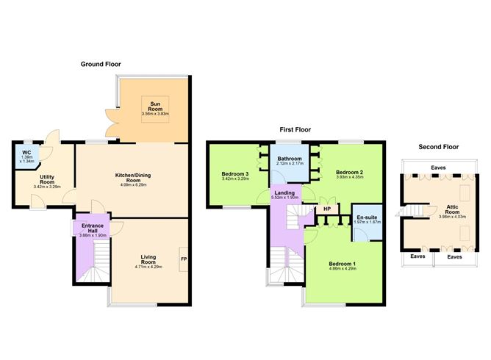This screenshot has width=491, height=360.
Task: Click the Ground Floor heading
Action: [101, 64]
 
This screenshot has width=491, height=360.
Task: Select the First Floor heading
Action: [295, 129]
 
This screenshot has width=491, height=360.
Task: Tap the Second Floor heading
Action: [438, 147]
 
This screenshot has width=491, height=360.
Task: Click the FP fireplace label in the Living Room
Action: [184, 259]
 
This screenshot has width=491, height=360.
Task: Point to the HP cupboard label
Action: [327, 209]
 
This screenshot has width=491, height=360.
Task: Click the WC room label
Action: [26, 153]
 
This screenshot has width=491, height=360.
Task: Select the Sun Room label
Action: [155, 107]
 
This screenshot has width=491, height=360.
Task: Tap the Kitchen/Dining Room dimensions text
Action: [133, 185]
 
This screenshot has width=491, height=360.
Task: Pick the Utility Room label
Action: [47, 179]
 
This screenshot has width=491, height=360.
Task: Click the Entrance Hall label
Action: [93, 228]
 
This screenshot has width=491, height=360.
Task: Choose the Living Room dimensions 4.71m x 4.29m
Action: [148, 267]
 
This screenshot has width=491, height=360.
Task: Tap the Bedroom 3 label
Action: [235, 174]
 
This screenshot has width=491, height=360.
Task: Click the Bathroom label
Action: [290, 159]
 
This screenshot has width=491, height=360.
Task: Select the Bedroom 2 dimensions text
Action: [349, 177]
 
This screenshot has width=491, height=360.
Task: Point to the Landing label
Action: [284, 192]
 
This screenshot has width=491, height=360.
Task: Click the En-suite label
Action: [367, 217]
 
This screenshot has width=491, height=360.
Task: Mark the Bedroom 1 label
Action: [342, 264]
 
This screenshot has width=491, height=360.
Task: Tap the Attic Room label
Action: [452, 209]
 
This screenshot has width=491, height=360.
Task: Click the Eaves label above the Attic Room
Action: [438, 168]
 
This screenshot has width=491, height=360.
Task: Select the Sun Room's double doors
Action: [112, 123]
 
